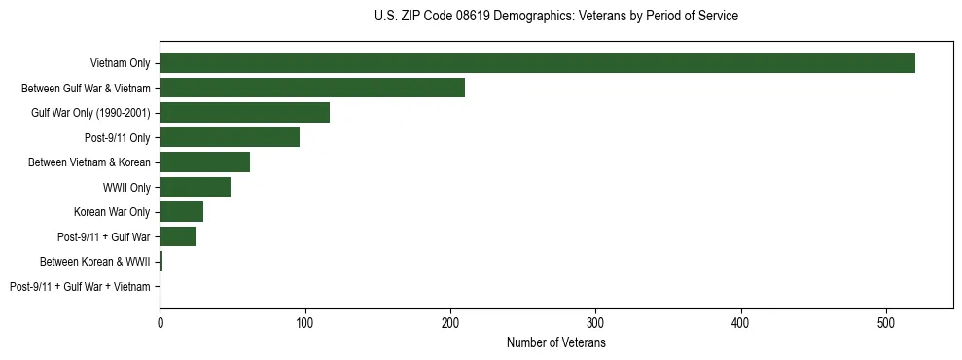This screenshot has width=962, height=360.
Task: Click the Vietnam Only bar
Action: (537, 63)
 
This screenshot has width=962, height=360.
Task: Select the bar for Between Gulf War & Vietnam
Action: (312, 88)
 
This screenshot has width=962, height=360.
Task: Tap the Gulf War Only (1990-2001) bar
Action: (244, 113)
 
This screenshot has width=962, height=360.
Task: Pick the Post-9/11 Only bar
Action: (230, 137)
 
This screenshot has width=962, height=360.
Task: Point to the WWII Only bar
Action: (195, 187)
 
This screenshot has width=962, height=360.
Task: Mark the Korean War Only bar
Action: (181, 212)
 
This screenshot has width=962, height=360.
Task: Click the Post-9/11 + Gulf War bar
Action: (178, 236)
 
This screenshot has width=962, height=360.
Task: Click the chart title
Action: (555, 17)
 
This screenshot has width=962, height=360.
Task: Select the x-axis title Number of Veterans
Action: (555, 343)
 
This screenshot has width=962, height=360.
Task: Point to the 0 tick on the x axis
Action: (160, 322)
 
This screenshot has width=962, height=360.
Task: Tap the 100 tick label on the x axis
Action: (305, 322)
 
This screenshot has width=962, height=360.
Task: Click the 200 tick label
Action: (450, 322)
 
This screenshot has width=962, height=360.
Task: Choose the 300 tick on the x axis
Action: (596, 322)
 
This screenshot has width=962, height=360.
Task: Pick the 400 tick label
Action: (741, 322)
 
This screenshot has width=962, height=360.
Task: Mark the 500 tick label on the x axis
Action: (886, 322)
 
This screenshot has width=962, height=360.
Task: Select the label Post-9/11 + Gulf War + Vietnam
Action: (80, 287)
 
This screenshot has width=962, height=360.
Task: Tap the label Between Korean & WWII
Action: (95, 262)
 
